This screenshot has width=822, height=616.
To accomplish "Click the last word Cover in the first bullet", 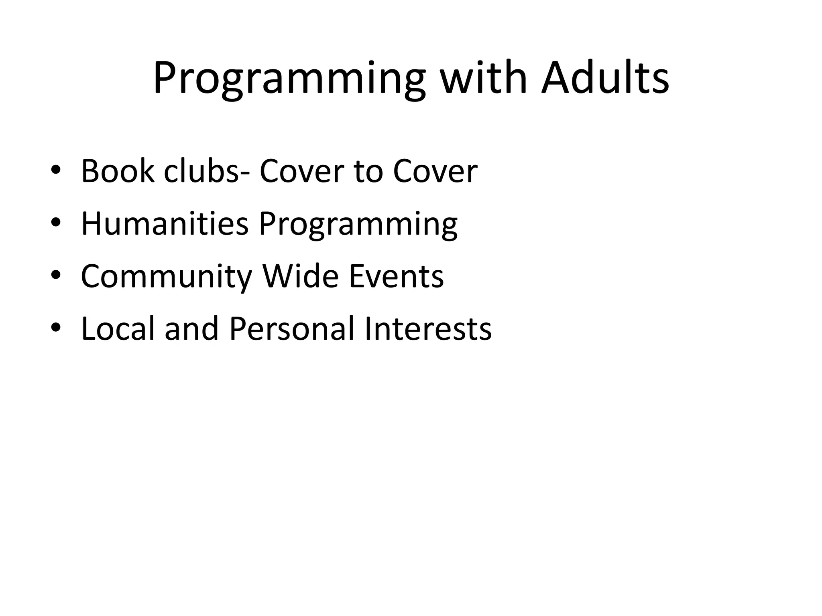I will pos(435,171).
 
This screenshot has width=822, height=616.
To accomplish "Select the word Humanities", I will pos(165,223).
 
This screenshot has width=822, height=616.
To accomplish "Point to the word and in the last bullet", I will pos(191,329).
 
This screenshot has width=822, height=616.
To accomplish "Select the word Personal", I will pos(292,329).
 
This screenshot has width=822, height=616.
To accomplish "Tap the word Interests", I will pos(428,329).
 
